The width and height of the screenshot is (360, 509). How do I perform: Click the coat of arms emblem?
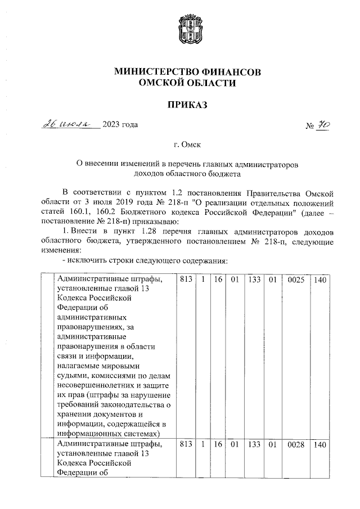188,30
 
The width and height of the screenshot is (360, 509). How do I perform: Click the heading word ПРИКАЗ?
188,105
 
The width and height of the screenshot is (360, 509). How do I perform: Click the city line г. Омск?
187,145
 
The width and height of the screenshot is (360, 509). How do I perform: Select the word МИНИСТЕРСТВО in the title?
154,72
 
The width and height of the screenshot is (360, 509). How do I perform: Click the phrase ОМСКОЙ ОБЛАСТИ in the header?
188,83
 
